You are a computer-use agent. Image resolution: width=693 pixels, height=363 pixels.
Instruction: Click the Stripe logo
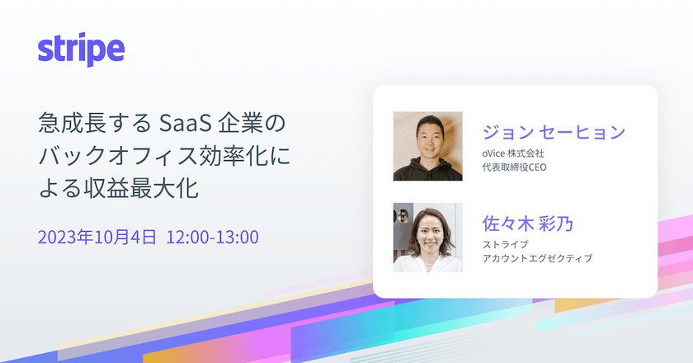(x=81, y=51)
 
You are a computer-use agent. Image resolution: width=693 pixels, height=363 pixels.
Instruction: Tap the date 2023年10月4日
(x=97, y=238)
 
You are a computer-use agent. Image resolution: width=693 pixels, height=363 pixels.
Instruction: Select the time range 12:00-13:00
(x=213, y=238)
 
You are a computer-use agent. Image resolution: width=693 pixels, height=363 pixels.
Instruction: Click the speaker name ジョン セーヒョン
(x=554, y=133)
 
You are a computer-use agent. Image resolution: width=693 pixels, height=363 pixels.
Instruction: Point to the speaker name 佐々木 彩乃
(x=528, y=224)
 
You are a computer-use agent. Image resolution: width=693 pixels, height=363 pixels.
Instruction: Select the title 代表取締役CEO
(x=516, y=167)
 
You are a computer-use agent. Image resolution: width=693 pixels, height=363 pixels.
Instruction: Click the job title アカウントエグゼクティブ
(x=537, y=258)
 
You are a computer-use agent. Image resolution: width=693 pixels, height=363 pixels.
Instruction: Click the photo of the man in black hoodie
(x=427, y=146)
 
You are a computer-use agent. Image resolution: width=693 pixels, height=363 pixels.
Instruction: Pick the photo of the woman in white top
(x=427, y=238)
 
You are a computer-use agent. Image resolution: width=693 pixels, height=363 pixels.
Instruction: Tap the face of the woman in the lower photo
(x=431, y=232)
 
